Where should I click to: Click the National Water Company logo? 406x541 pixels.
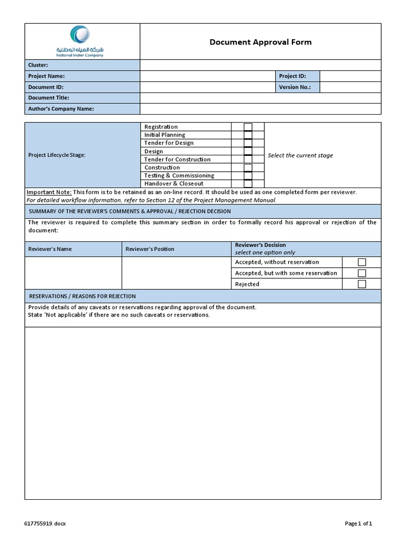click(80, 41)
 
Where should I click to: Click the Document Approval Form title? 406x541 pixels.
click(260, 42)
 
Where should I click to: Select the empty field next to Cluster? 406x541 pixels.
click(260, 65)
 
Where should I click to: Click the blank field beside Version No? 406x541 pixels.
click(350, 87)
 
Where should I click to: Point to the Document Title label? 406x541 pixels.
click(49, 98)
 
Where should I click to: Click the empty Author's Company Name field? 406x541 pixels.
click(260, 109)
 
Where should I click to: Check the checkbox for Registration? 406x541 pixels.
click(248, 127)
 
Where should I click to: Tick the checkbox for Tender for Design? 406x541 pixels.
click(248, 143)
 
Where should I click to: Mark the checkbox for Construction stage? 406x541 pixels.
click(248, 167)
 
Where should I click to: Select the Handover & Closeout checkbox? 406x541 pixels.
click(248, 183)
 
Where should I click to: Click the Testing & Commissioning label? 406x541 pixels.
click(179, 175)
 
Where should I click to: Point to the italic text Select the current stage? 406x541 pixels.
click(300, 155)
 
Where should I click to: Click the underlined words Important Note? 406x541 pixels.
click(49, 192)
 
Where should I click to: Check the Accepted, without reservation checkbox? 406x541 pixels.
click(362, 262)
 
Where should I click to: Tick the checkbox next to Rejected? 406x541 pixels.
click(362, 284)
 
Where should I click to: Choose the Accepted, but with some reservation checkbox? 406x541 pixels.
click(362, 273)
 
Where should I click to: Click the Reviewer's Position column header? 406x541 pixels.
click(150, 249)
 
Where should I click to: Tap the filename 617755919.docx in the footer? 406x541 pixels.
click(45, 524)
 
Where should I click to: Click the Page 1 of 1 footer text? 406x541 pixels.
click(358, 524)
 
